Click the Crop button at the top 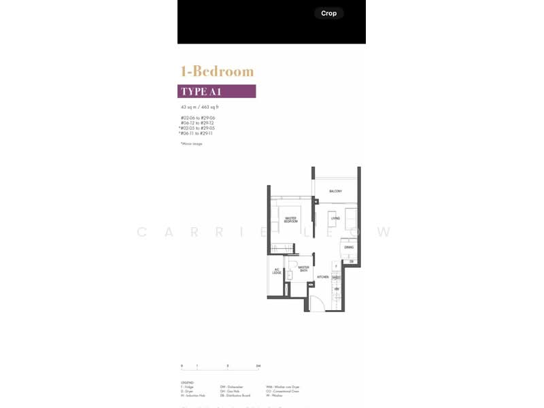pos(329,13)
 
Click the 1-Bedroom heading pos(217,71)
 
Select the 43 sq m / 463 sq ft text pos(199,107)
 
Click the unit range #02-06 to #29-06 pos(198,118)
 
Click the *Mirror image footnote pos(191,143)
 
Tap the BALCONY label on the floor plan pos(335,191)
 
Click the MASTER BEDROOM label pos(291,220)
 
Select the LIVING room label pos(335,218)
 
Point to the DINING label pos(348,248)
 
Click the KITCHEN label pos(323,277)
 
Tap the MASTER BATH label pos(304,269)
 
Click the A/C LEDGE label pos(277,272)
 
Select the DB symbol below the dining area pos(352,261)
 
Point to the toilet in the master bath pos(288,289)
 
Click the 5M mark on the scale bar pos(258,366)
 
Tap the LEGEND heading pos(187,383)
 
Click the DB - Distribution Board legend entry pos(235,395)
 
